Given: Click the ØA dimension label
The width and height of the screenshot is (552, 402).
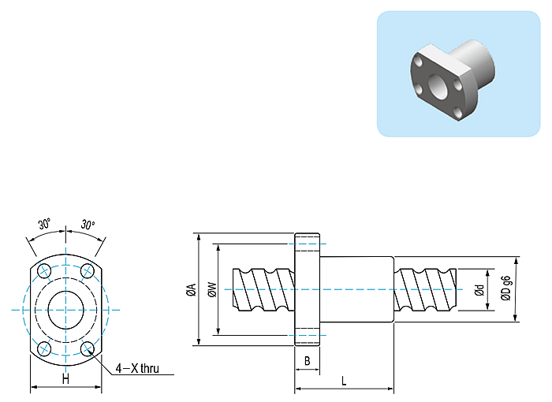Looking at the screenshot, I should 191,290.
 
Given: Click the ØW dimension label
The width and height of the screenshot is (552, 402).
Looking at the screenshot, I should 211,290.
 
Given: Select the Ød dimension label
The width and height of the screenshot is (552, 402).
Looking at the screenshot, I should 479,290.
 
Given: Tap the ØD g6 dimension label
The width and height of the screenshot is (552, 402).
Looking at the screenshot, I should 505,290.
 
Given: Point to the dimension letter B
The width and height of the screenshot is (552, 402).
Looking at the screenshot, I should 308,360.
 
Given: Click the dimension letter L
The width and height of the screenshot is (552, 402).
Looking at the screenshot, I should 344,381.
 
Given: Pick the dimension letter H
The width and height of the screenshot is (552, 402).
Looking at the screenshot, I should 65,379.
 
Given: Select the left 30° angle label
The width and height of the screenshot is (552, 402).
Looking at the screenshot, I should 44,224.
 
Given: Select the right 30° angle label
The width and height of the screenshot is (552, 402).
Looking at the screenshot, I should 87,224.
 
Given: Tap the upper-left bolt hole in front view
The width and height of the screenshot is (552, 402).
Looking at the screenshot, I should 44,271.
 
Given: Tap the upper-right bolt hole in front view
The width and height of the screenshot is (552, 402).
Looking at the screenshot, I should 88,271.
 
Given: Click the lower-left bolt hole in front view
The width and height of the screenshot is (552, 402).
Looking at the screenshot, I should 44,347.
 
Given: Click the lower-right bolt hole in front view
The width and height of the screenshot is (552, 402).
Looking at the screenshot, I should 88,347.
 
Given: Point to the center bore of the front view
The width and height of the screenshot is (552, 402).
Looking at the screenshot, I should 65,309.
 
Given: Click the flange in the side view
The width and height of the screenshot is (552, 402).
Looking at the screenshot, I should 308,290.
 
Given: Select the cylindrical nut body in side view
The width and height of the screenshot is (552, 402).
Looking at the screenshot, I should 356,290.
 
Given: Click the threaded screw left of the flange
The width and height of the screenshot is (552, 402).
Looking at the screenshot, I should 264,290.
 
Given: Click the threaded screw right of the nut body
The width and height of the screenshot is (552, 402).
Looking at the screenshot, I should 426,290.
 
